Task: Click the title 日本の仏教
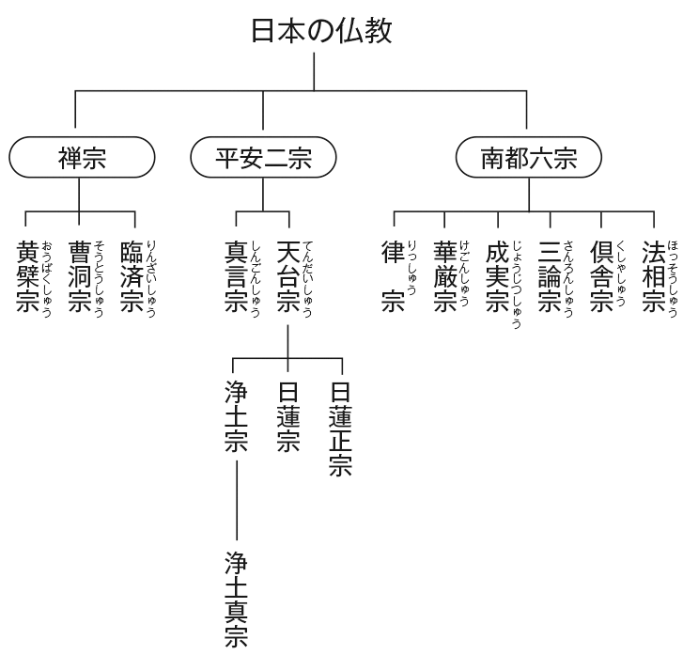(322, 31)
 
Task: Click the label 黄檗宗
(27, 276)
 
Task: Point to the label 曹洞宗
(80, 276)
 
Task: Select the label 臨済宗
(132, 276)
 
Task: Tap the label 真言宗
(236, 276)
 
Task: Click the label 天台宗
(288, 276)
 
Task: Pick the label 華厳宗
(445, 276)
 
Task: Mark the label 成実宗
(497, 276)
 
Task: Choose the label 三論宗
(550, 276)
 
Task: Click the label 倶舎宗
(601, 276)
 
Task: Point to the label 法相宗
(654, 276)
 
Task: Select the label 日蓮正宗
(341, 429)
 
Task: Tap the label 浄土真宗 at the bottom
(237, 600)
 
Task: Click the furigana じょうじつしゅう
(517, 285)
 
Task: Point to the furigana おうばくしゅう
(47, 279)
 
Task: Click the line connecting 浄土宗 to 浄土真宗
(237, 500)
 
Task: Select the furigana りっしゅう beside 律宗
(412, 268)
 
